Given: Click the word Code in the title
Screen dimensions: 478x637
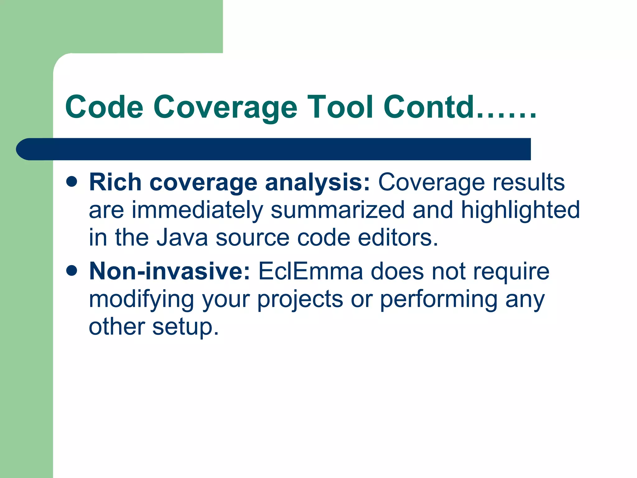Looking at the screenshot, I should (104, 107).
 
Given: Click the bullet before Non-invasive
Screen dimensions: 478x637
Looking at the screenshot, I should (72, 270).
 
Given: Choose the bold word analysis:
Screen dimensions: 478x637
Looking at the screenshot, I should (317, 183).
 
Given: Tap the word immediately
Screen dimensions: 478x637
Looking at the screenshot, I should (198, 211).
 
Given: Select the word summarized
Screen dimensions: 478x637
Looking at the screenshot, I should (338, 210).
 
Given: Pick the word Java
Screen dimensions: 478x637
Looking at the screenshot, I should (182, 237).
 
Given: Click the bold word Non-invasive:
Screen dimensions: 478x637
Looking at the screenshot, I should (170, 271).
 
